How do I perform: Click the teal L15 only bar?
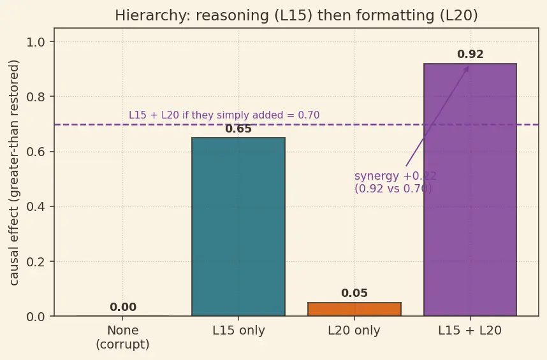tap(238, 227)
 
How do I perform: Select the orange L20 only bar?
tap(354, 309)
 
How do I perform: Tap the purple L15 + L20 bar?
tap(470, 190)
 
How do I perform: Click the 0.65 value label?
tap(238, 129)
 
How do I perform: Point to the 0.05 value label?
tap(354, 293)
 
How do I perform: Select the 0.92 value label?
tap(470, 54)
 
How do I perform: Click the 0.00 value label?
tap(123, 307)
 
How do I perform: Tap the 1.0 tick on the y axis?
tap(36, 42)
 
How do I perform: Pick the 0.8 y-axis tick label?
tap(36, 97)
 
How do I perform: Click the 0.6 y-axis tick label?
tap(36, 152)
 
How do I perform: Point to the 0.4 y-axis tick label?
tap(36, 206)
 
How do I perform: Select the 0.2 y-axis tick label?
tap(36, 262)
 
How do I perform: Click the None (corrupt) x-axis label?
tap(123, 337)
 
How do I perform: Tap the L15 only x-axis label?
tap(238, 331)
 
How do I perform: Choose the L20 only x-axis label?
tap(354, 331)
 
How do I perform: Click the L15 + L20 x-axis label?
tap(470, 331)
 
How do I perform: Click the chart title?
tap(296, 15)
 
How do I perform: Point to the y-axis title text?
tap(14, 173)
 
